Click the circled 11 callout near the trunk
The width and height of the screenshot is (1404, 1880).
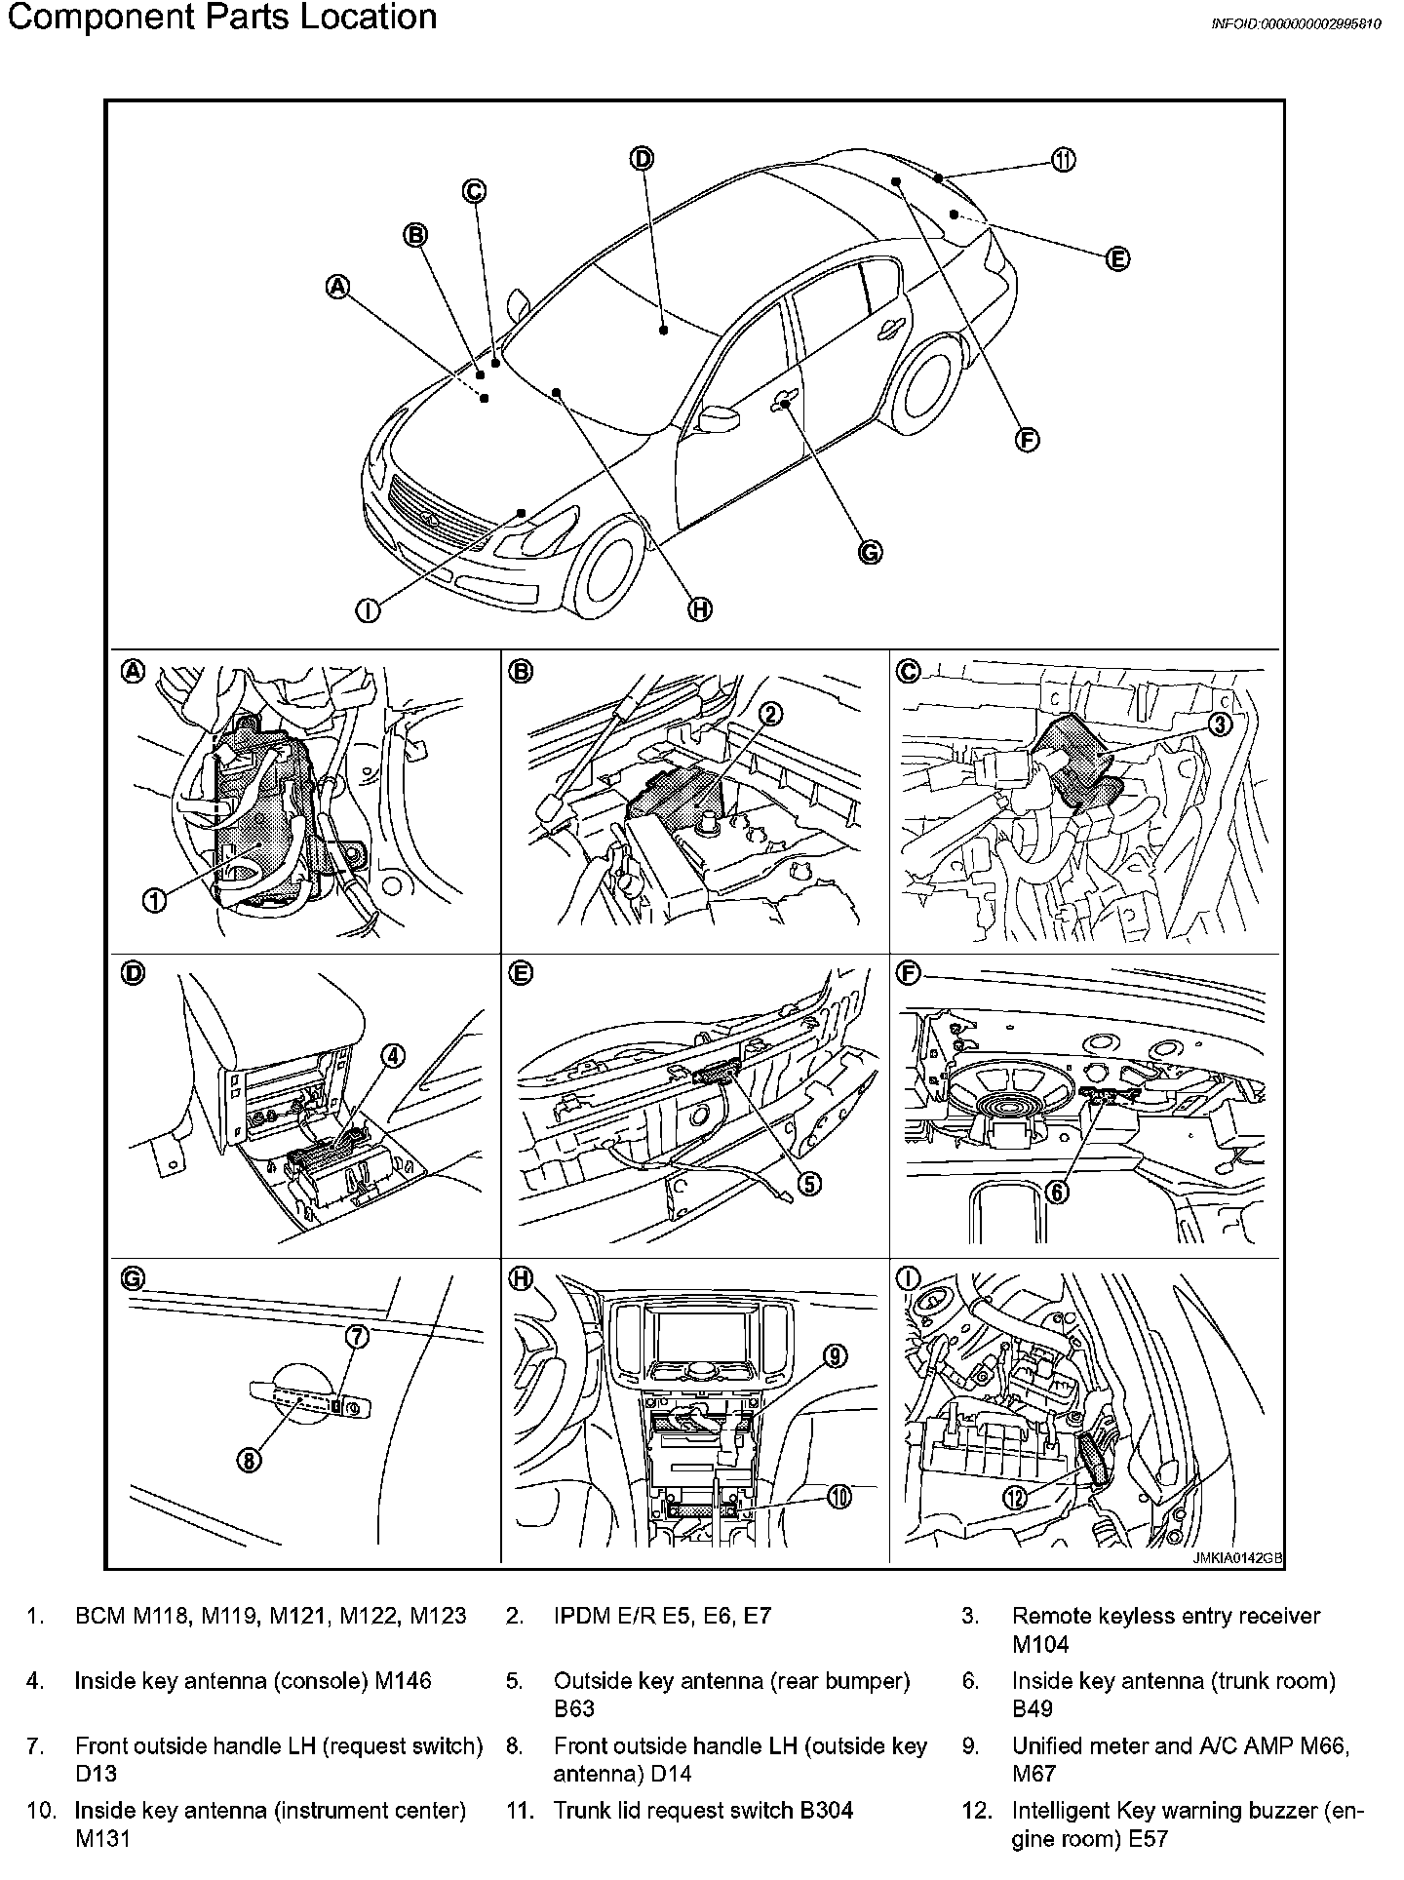[1063, 161]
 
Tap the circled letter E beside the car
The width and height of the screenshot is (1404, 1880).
[1117, 259]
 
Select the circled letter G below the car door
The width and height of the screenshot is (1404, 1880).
[870, 553]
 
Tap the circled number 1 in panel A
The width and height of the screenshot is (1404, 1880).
[154, 900]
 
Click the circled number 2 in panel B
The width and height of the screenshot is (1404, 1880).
[769, 715]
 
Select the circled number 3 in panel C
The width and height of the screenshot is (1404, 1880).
[1220, 724]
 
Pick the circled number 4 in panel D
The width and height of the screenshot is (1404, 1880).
[392, 1055]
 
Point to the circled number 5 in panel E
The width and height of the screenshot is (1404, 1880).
[809, 1183]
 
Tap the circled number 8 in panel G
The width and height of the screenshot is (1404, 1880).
[249, 1461]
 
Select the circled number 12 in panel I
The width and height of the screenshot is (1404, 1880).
[1015, 1498]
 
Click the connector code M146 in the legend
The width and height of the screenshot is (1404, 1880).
[403, 1680]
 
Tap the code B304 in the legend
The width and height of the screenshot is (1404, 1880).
[827, 1810]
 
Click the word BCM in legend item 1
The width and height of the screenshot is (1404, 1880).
[101, 1616]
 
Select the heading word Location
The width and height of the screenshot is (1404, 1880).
[369, 18]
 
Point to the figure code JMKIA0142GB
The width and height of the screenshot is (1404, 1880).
[1236, 1557]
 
